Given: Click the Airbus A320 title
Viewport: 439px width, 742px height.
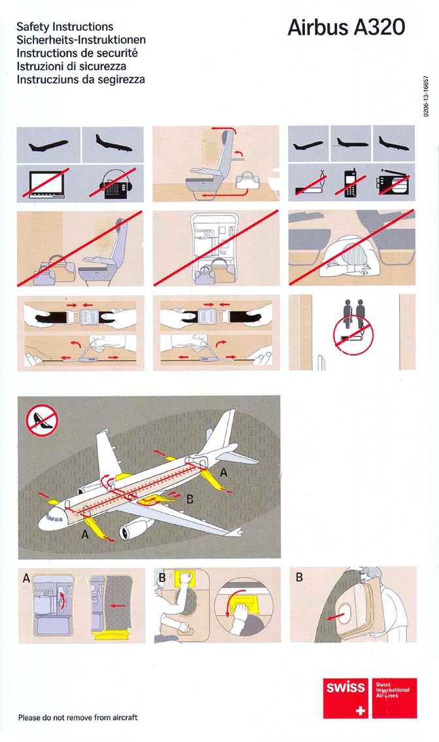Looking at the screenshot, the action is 346,27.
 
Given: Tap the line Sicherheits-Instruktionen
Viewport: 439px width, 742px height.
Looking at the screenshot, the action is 81,40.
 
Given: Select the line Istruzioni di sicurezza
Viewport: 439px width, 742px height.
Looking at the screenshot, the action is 71,66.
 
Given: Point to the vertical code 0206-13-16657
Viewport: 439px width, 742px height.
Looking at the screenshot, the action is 426,96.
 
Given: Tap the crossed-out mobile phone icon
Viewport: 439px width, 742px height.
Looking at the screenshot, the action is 351,183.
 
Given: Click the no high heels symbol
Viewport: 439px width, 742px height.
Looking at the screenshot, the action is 42,420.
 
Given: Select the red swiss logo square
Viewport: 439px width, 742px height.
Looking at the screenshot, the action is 346,698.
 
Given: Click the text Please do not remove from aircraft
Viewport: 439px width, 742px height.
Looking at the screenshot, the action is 78,717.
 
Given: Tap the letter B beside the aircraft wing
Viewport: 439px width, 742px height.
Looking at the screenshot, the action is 190,499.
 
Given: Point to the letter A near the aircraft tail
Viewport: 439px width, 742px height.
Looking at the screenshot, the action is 224,472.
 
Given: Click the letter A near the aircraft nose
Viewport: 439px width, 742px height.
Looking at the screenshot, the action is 84,535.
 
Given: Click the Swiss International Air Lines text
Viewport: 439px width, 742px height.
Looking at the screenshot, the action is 393,690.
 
